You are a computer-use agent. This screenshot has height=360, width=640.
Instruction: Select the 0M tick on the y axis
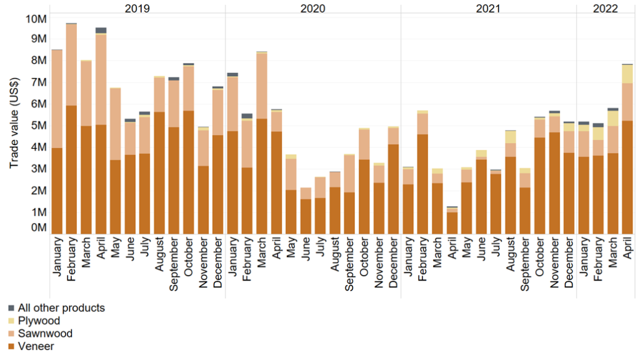pos(39,228)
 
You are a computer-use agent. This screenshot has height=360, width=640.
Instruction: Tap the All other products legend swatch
pos(11,308)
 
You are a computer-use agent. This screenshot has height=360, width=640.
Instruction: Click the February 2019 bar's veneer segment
pos(71,169)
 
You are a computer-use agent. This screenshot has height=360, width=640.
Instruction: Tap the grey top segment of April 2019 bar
pos(101,30)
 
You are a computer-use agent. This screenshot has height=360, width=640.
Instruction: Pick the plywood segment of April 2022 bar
pos(627,74)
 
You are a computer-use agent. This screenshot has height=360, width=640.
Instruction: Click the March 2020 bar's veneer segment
pos(262,175)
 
